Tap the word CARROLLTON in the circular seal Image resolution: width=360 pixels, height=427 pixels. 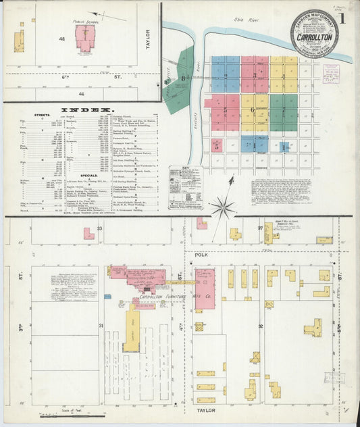click(314, 35)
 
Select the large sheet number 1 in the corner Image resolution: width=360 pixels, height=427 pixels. click(344, 18)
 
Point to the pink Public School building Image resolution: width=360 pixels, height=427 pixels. click(85, 39)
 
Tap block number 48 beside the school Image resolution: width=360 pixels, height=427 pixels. click(61, 39)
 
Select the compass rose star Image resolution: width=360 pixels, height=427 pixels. click(222, 206)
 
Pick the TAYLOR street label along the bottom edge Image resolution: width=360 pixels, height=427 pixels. click(205, 410)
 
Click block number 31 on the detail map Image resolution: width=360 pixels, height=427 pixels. click(101, 326)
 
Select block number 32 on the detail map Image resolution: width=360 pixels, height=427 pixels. click(260, 326)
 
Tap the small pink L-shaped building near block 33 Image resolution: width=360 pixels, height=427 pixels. click(88, 234)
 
